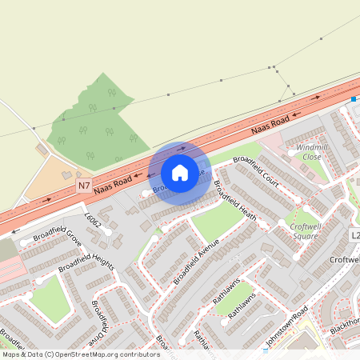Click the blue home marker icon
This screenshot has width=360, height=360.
(x=180, y=172)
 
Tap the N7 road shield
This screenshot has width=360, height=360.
(x=84, y=186)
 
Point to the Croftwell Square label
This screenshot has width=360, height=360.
(x=304, y=230)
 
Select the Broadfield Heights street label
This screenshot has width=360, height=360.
(x=86, y=257)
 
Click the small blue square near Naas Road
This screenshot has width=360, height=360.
(x=353, y=100)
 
